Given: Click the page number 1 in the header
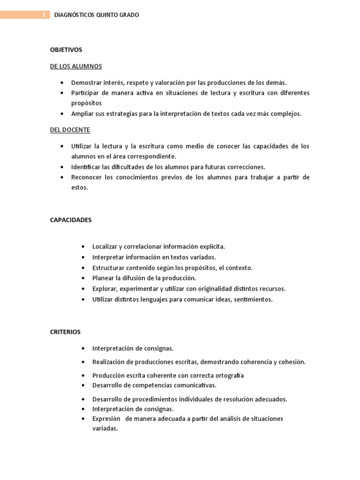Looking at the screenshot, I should click(x=44, y=15).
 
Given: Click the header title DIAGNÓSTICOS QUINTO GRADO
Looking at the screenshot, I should click(x=97, y=15).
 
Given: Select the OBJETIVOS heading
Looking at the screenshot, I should click(x=66, y=49).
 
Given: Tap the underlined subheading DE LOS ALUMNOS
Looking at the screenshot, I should click(x=76, y=66).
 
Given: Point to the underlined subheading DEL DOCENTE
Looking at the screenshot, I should click(x=70, y=129).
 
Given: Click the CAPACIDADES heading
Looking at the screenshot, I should click(x=71, y=220).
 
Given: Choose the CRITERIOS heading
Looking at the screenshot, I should click(x=65, y=332).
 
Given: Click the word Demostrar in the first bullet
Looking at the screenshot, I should click(x=86, y=82).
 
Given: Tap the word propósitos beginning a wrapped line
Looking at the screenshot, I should click(x=86, y=103).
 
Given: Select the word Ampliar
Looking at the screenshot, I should click(x=82, y=114).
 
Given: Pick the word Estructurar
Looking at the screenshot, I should click(x=108, y=268).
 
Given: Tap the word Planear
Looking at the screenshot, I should click(x=103, y=278).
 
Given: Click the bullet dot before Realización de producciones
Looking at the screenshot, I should click(x=82, y=362).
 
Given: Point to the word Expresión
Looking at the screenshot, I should click(x=107, y=419).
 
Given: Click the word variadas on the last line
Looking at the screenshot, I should click(x=105, y=428).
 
